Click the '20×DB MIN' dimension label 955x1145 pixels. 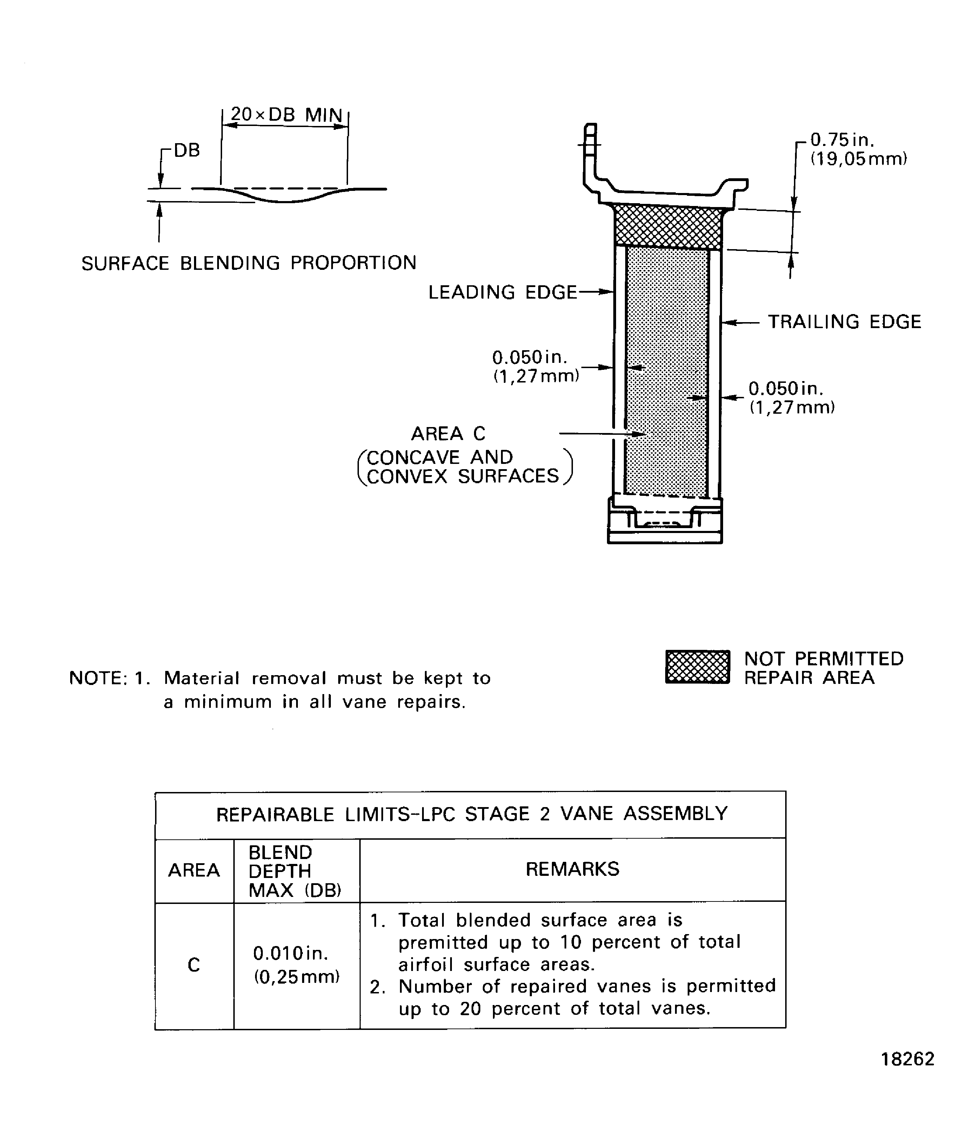286,114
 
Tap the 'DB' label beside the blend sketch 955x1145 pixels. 186,151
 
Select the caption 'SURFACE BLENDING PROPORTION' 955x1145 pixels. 248,263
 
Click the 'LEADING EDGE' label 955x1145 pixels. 502,292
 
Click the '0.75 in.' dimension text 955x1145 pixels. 842,140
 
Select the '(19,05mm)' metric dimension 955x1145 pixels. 859,159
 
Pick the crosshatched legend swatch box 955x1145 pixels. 697,667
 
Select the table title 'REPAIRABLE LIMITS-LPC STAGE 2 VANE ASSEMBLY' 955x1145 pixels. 472,814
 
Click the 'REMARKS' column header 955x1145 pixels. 572,869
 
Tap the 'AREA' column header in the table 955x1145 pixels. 194,870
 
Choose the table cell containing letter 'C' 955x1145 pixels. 194,965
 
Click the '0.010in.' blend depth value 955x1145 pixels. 290,954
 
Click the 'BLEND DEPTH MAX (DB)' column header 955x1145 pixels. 294,871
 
